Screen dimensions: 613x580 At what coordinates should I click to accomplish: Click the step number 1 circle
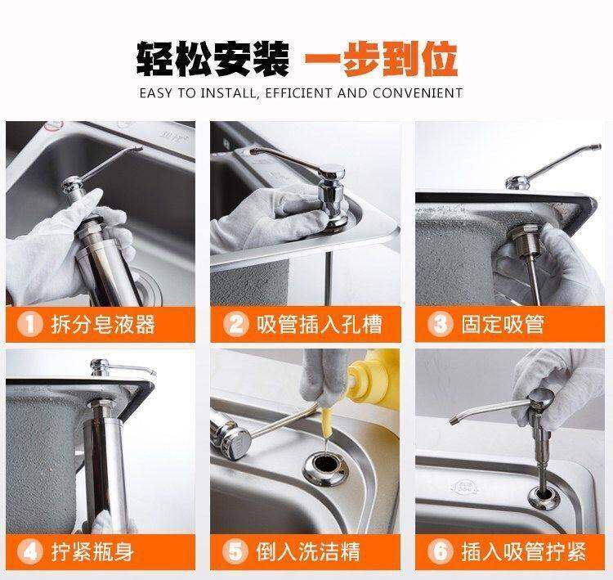point(29,325)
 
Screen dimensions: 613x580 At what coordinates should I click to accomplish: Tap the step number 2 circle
point(235,325)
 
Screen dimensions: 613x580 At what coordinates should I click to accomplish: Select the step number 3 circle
point(441,325)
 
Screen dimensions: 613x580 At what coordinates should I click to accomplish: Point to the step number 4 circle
point(29,552)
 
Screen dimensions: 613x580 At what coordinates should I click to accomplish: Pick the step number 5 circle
point(235,552)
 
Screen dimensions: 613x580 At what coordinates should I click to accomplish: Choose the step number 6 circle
point(441,552)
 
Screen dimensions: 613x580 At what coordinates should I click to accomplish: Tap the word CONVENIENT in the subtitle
point(418,93)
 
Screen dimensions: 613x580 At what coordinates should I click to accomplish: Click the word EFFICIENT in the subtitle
point(298,93)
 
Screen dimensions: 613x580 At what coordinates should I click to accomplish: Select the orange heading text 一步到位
point(381,59)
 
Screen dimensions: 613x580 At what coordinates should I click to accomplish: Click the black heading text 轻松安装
point(213,59)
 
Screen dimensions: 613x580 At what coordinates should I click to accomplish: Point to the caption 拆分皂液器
point(103,325)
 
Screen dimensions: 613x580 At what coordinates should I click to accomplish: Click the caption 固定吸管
point(503,325)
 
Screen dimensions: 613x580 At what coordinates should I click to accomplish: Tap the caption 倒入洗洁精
point(307,552)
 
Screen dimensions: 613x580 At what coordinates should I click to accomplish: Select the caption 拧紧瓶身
point(92,552)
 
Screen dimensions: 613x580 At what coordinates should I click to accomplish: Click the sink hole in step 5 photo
point(325,466)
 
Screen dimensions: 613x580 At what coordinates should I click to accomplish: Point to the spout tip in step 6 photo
point(454,420)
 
